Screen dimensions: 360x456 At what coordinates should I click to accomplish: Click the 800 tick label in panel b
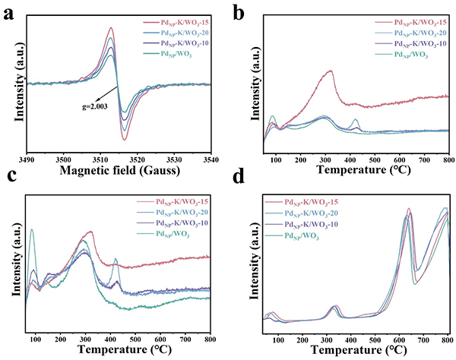[x=448, y=160]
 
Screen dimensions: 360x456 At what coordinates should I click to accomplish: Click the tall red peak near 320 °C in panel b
[x=330, y=71]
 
